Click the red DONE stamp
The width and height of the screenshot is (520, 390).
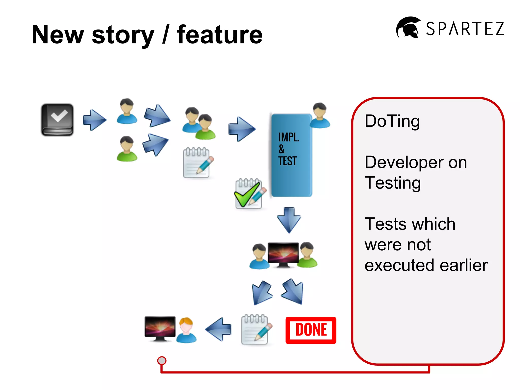click(x=311, y=330)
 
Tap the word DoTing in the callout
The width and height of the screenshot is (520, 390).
click(x=392, y=121)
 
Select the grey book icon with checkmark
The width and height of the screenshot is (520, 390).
click(x=57, y=120)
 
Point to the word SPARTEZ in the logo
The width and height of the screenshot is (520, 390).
click(x=465, y=28)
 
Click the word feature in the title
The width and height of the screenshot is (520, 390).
click(x=220, y=35)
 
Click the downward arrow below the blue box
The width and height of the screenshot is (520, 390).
click(x=289, y=220)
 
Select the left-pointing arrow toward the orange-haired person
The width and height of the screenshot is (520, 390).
click(x=219, y=329)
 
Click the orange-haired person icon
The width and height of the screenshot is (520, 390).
click(x=186, y=330)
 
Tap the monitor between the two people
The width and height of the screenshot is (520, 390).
click(x=283, y=255)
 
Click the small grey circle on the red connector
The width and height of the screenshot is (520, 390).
click(x=162, y=360)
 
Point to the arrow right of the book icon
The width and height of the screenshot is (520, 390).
click(x=94, y=120)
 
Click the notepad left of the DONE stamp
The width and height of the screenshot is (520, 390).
click(x=255, y=329)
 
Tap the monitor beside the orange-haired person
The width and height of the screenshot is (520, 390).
click(x=160, y=329)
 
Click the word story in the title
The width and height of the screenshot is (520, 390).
click(x=123, y=35)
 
